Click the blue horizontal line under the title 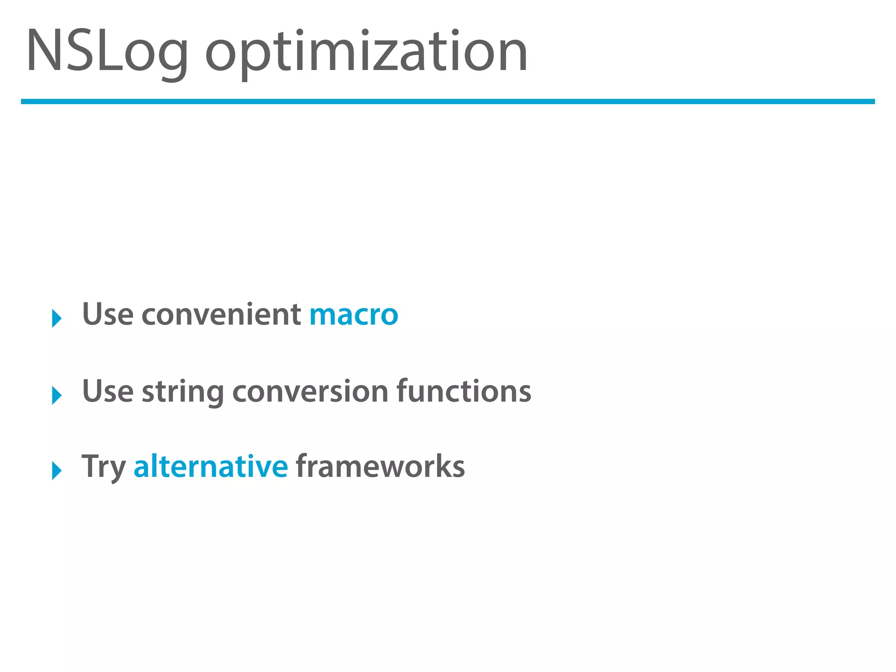pos(448,101)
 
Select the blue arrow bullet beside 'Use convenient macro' pos(57,318)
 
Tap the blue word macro pos(353,315)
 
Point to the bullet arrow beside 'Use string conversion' pos(57,395)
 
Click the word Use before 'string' pos(108,391)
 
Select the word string pos(183,392)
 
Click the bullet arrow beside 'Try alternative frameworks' pos(57,470)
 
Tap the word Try pos(104,467)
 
